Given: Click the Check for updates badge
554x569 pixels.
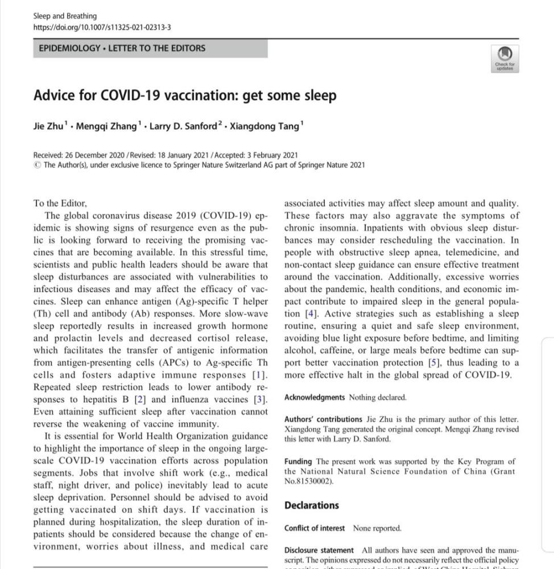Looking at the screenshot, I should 505,59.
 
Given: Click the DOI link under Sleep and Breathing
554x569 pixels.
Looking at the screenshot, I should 102,27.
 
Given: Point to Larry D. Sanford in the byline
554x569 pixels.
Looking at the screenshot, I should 184,126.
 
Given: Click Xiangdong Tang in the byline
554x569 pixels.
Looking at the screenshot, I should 263,126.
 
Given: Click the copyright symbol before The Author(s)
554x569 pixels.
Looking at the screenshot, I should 37,165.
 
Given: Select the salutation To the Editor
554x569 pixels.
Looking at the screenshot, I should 60,203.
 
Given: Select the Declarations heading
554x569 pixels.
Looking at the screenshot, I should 311,505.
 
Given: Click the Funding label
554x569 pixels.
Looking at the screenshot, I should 298,461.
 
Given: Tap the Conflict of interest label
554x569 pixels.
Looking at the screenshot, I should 314,528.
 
